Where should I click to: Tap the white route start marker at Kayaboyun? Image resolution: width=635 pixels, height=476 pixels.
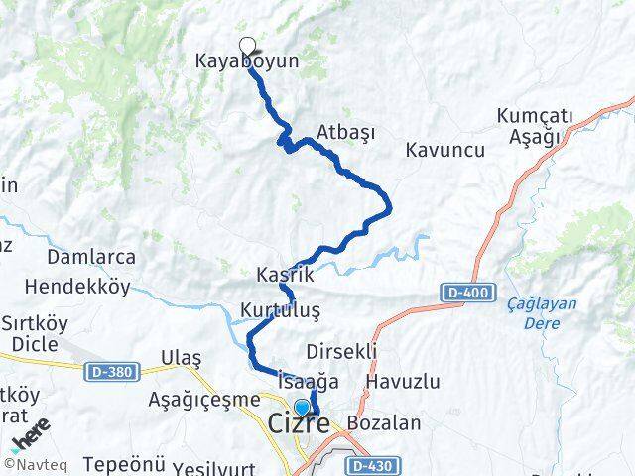[x=247, y=44]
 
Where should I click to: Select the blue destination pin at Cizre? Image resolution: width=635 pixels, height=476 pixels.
[x=302, y=408]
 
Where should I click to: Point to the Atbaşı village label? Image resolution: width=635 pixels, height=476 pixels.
[x=344, y=131]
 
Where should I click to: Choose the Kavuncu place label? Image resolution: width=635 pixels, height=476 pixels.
[x=444, y=150]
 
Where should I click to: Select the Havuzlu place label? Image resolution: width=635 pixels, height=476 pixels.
[x=402, y=381]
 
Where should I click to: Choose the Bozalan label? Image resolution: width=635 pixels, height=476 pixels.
[x=384, y=422]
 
